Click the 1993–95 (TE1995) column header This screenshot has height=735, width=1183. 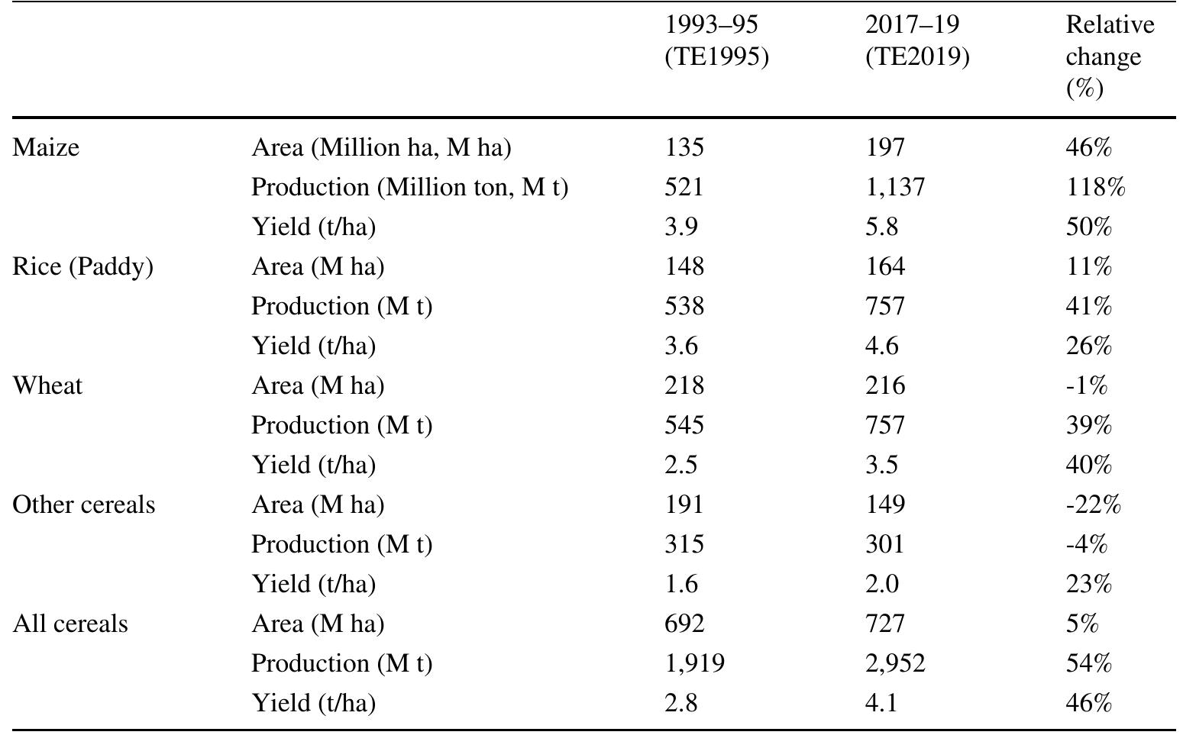[x=716, y=41]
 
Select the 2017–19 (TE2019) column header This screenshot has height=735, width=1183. [x=916, y=41]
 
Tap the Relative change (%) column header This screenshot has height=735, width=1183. [x=1109, y=57]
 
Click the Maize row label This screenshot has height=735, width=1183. [x=46, y=147]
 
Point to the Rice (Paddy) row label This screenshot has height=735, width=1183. [x=82, y=266]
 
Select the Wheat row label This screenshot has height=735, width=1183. [x=47, y=385]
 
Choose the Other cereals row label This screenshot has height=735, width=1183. [x=83, y=505]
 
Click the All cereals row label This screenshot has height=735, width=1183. [x=70, y=624]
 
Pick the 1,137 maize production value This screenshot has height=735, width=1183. [x=894, y=187]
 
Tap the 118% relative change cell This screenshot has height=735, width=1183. [x=1094, y=187]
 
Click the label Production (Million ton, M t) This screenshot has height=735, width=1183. [x=409, y=187]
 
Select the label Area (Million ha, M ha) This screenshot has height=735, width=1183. [x=381, y=147]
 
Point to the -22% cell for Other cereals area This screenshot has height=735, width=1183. [x=1093, y=505]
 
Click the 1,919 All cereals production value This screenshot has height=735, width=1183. [x=693, y=663]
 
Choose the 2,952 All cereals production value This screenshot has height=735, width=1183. [x=894, y=663]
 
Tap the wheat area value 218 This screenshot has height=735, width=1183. [x=684, y=385]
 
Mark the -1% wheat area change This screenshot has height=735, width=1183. [x=1086, y=385]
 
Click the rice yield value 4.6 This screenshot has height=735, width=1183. [x=881, y=346]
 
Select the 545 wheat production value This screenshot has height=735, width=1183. [x=684, y=425]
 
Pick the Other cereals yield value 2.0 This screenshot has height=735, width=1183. [x=881, y=584]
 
